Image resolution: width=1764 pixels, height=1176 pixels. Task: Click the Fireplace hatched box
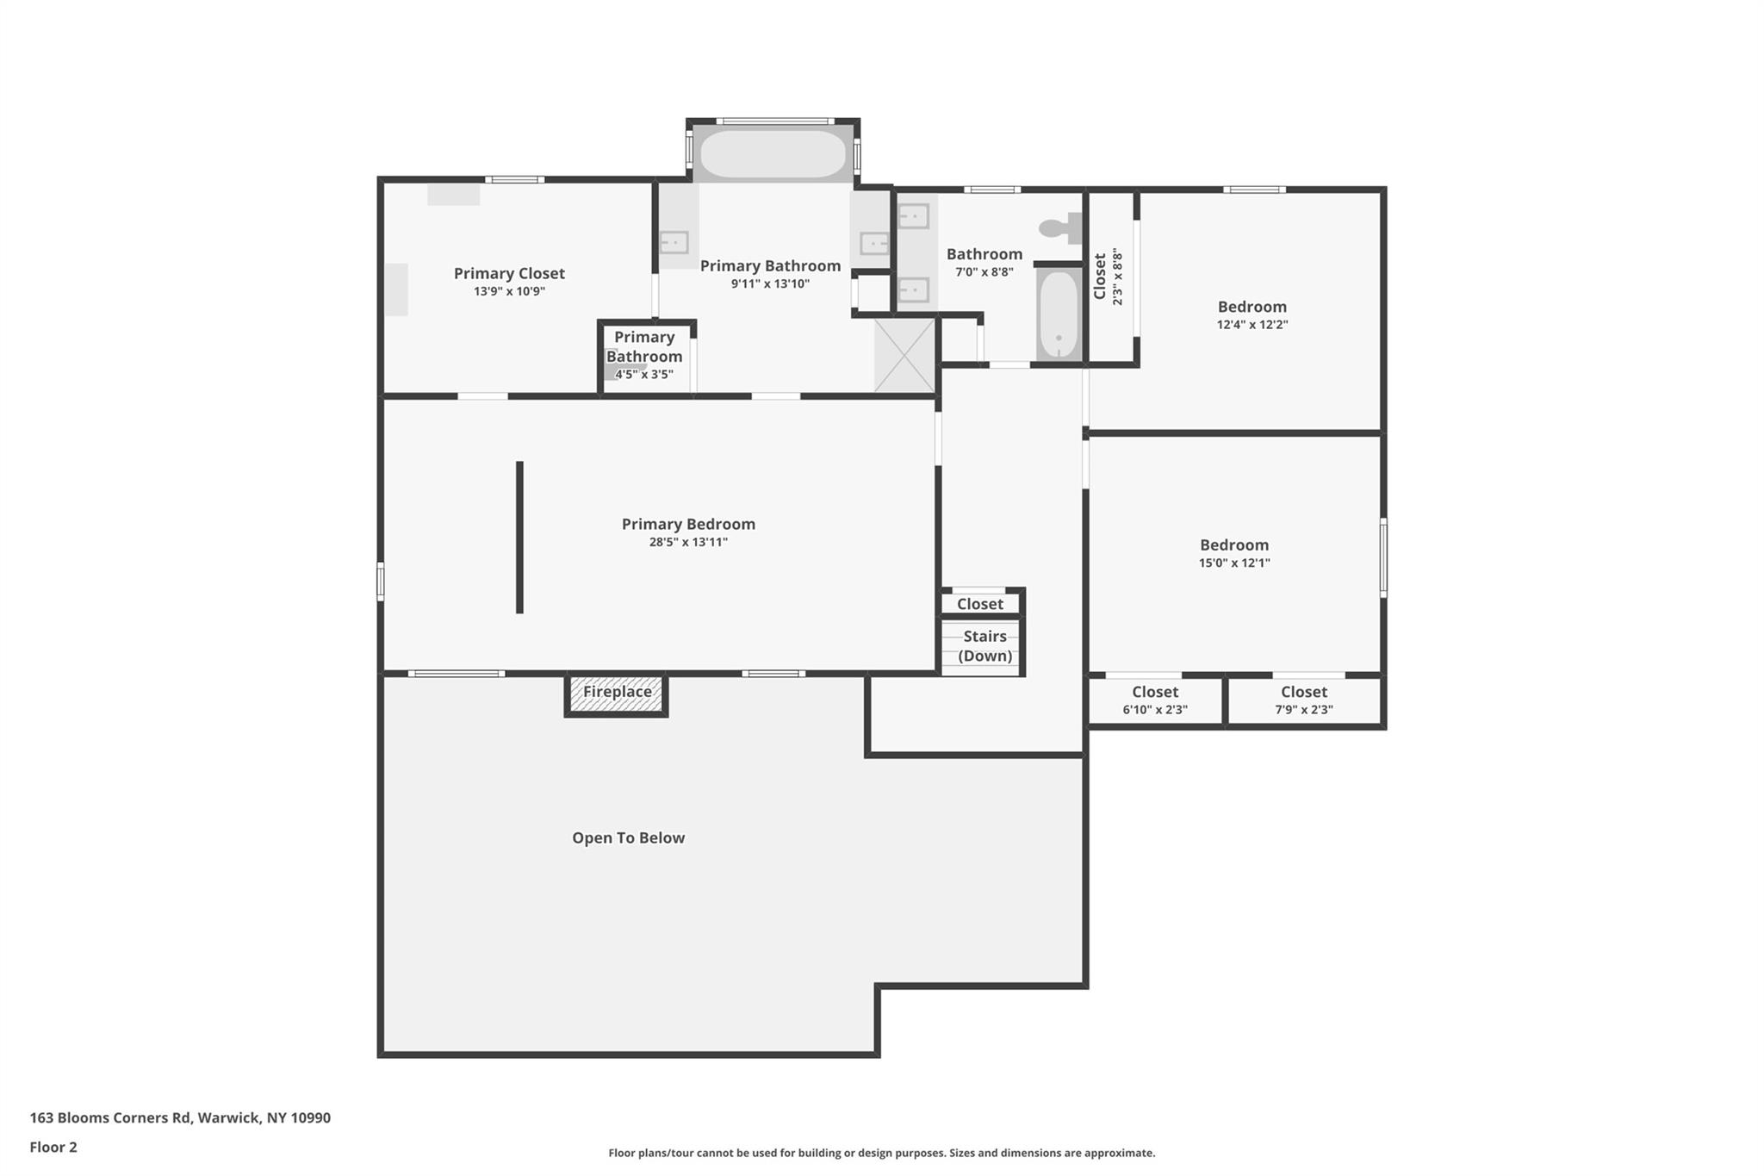coord(617,694)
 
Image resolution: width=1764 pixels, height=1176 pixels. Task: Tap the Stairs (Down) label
coord(984,646)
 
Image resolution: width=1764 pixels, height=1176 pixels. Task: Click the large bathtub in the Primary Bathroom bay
coord(773,154)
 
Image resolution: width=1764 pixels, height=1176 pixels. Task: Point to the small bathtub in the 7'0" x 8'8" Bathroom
coord(1059,315)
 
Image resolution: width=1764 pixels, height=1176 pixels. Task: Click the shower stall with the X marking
coord(904,355)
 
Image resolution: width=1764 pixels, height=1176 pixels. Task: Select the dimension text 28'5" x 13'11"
coord(688,542)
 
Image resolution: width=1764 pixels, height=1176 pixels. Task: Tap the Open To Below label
coord(628,838)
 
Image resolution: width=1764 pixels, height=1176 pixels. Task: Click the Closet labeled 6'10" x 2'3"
coord(1155,700)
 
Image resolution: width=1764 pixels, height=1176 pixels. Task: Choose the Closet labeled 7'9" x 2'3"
coord(1303,700)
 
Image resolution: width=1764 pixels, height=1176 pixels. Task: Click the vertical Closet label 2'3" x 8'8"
coord(1108,277)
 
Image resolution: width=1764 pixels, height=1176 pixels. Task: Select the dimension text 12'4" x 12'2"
coord(1252,325)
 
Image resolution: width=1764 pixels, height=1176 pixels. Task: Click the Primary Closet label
coord(509,274)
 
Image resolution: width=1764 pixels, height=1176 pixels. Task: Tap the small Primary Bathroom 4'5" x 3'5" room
coord(644,356)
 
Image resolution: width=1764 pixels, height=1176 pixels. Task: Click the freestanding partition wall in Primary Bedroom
coord(519,538)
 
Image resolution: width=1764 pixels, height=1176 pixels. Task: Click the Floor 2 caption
coord(53,1147)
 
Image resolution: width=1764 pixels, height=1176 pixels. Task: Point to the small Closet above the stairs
coord(979,604)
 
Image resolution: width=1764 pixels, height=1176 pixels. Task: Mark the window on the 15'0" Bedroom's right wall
coord(1382,557)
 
